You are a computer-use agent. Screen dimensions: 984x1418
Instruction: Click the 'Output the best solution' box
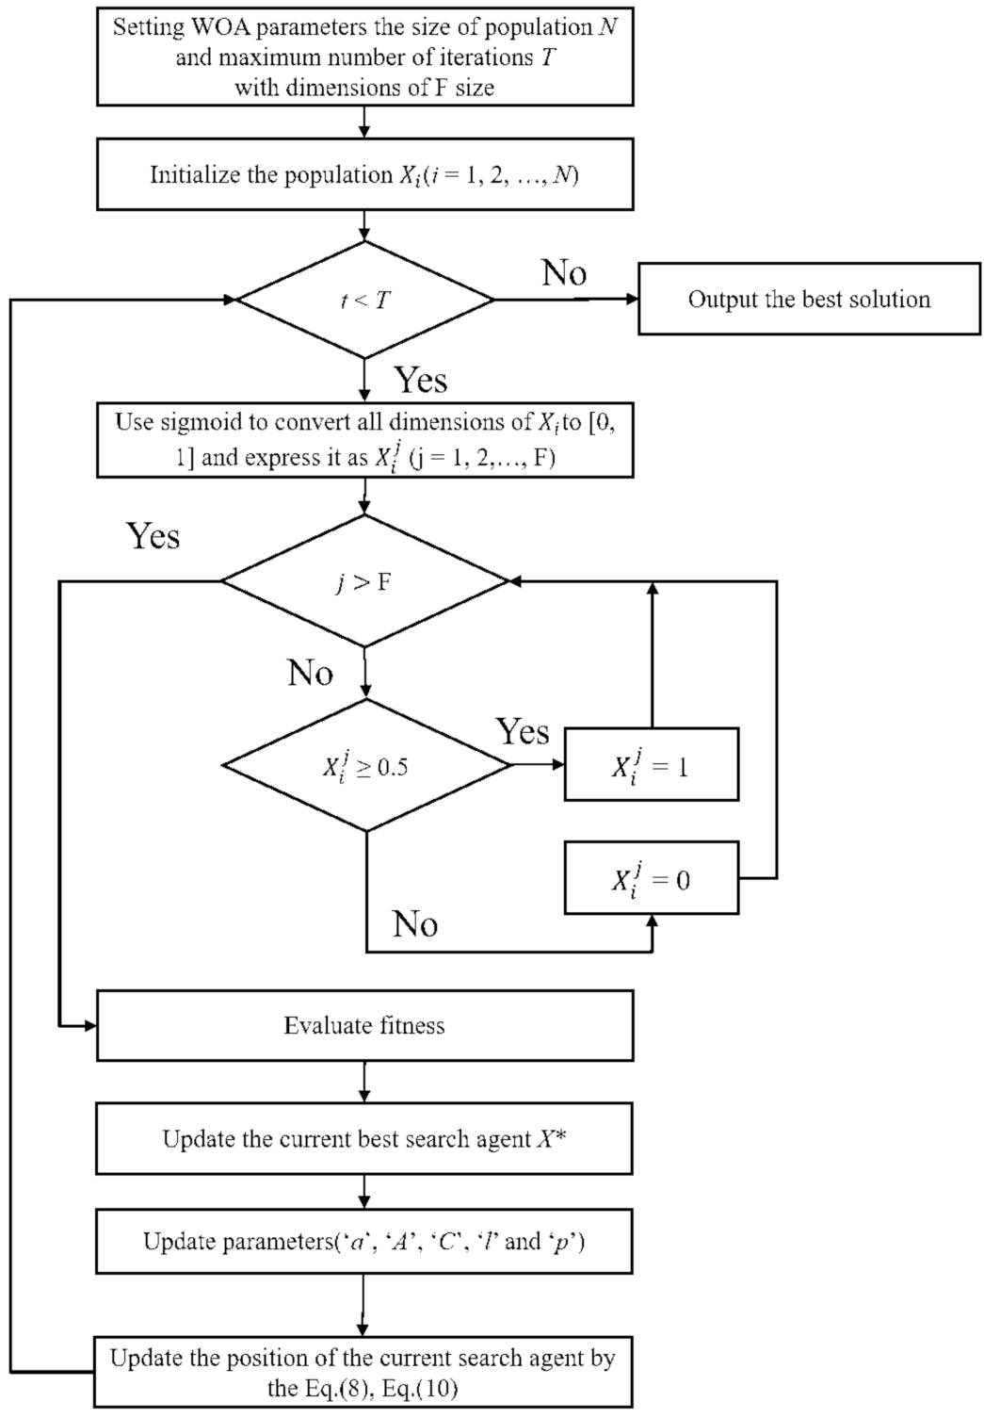[809, 300]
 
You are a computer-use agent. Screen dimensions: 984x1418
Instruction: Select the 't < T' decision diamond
[364, 301]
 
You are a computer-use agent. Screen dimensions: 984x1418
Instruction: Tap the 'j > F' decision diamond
[364, 581]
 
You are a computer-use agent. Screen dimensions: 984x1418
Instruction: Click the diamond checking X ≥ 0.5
[364, 766]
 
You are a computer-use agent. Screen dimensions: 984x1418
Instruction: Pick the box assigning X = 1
[651, 764]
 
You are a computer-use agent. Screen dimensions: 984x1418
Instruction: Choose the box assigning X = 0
[651, 878]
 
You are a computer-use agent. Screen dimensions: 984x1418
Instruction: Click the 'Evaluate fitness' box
[364, 1025]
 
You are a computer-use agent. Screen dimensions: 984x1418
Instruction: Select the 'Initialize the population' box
[364, 175]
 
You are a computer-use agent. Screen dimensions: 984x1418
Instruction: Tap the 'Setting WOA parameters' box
[364, 57]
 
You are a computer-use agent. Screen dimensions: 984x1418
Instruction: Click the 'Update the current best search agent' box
[364, 1139]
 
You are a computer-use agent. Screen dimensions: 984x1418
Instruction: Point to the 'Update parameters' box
[364, 1241]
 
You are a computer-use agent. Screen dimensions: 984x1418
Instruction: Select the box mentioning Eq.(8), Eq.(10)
[364, 1372]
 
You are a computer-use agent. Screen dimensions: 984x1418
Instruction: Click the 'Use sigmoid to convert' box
[364, 439]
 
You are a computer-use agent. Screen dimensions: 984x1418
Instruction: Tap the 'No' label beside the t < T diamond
[564, 273]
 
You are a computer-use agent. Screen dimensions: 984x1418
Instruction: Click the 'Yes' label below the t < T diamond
[420, 380]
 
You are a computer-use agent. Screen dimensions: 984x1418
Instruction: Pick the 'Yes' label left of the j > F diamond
[153, 536]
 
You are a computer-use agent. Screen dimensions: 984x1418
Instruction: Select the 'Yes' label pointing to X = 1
[523, 731]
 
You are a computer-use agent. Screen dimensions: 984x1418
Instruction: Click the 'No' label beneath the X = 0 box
[415, 924]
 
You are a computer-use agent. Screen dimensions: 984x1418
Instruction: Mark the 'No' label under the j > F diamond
[311, 674]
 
